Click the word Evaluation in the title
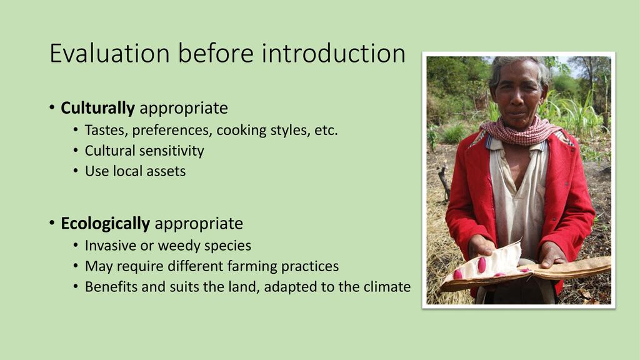pyautogui.click(x=109, y=53)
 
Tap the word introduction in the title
pyautogui.click(x=333, y=53)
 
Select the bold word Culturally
pyautogui.click(x=97, y=108)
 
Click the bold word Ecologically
pyautogui.click(x=105, y=224)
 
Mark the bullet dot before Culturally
pyautogui.click(x=52, y=108)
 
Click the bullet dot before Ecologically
pyautogui.click(x=52, y=223)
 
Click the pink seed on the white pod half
pyautogui.click(x=482, y=264)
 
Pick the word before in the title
pyautogui.click(x=216, y=53)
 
